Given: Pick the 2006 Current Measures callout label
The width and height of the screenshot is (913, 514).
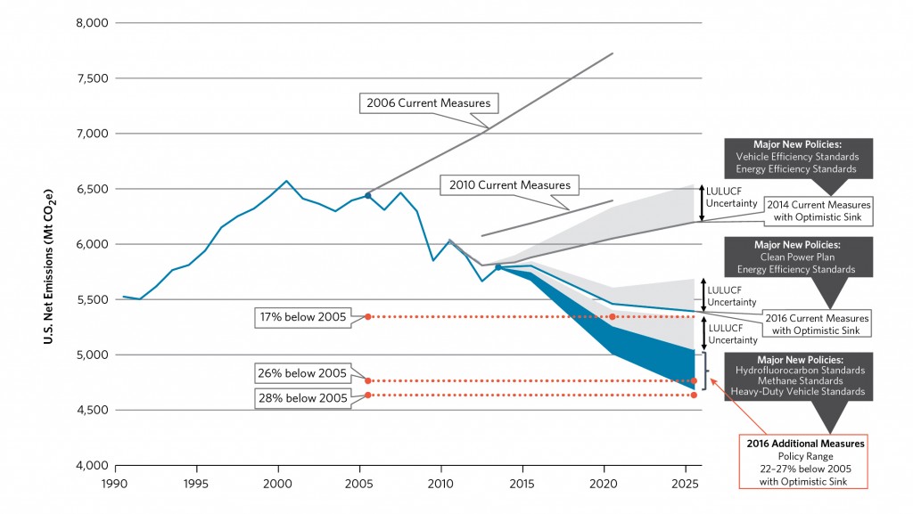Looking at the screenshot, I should click(x=429, y=103).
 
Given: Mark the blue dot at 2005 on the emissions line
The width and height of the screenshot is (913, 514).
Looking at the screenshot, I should click(x=367, y=195).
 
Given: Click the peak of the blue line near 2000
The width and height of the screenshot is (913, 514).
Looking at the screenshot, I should click(x=286, y=181).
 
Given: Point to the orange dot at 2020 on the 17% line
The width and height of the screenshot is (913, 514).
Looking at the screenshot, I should click(x=613, y=316).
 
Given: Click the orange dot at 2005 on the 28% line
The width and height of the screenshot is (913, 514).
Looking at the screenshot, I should click(x=367, y=396).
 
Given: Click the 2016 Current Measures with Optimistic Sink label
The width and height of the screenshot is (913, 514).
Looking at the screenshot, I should click(x=814, y=324).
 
